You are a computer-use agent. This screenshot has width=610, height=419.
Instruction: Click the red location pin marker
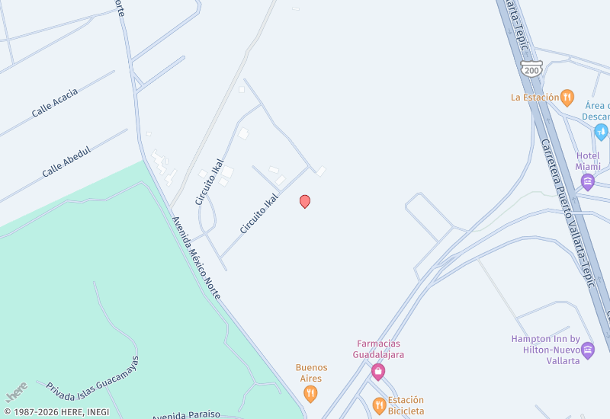(305, 201)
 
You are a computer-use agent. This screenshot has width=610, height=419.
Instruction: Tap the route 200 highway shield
(531, 69)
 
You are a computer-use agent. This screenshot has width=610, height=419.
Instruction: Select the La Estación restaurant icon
(567, 98)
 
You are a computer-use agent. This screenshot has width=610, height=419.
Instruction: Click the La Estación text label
(535, 98)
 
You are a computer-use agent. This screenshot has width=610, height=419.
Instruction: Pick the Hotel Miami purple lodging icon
(587, 181)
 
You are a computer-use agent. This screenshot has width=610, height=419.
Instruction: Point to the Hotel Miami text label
(588, 161)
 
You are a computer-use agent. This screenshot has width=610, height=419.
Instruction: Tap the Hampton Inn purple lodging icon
(587, 350)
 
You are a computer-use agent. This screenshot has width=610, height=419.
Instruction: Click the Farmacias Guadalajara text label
(378, 349)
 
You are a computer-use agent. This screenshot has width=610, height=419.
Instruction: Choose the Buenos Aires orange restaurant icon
(310, 393)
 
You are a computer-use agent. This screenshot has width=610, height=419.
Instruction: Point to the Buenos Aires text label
(311, 373)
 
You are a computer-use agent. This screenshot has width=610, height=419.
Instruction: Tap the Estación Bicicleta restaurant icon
(379, 404)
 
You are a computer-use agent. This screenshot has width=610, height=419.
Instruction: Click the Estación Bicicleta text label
(406, 405)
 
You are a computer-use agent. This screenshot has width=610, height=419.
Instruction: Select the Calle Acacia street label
(55, 103)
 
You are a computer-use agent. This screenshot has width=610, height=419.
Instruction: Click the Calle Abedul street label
(66, 162)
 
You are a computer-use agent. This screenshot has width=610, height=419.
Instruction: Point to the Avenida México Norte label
(196, 257)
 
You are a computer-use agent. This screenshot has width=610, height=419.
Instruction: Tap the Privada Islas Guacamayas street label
(93, 379)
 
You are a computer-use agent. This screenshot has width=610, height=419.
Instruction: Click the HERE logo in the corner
(17, 392)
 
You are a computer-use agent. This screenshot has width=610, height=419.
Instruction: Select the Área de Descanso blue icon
(602, 131)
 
